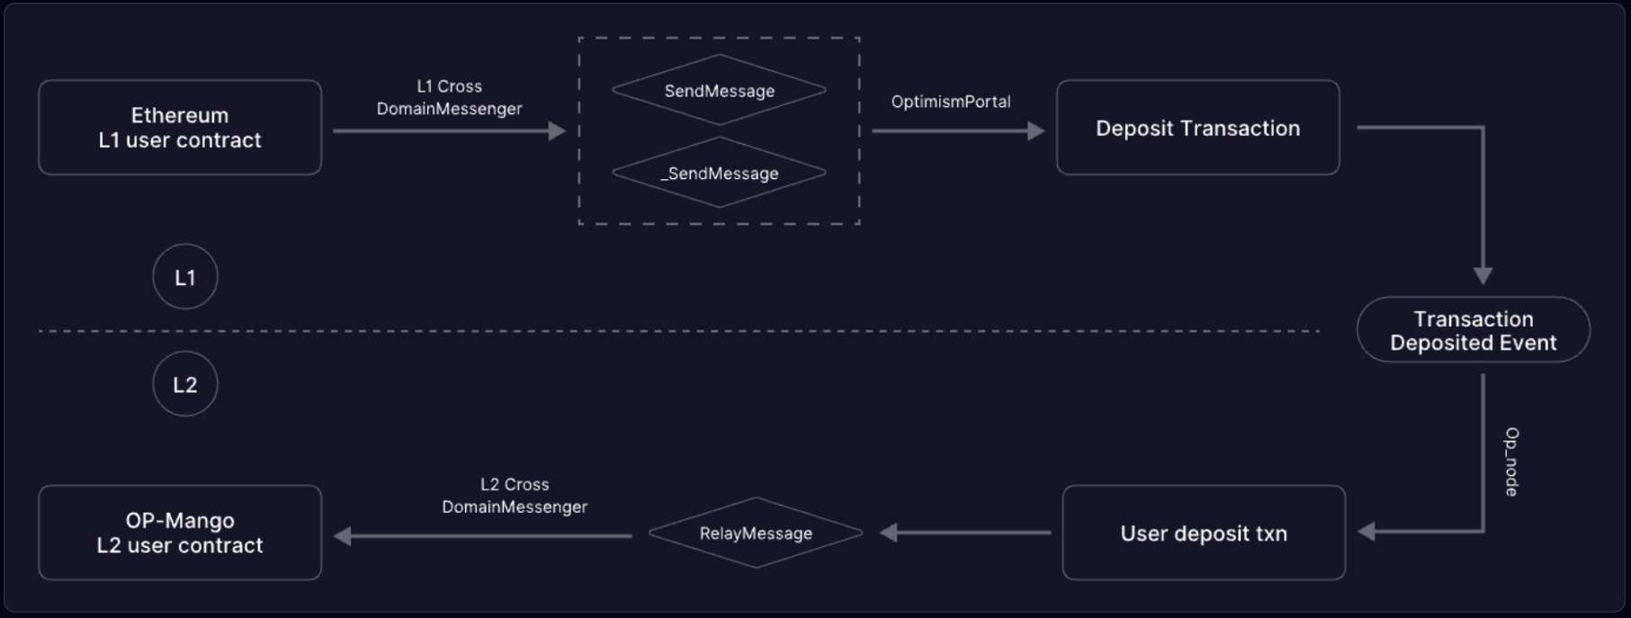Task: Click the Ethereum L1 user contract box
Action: (180, 128)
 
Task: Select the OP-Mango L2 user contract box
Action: (180, 533)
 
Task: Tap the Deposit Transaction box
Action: (1197, 128)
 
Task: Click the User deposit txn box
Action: (1203, 533)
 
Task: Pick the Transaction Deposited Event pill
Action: (1473, 330)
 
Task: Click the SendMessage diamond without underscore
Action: (719, 90)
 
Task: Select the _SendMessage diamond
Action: (719, 173)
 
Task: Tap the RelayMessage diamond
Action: (756, 533)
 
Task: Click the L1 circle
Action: (185, 277)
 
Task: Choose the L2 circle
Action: (185, 384)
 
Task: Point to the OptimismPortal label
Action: (951, 102)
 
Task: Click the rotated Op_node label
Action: (1511, 461)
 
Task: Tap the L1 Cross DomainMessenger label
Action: (449, 97)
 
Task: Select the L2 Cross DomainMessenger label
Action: (515, 496)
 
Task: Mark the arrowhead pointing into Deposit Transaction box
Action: (1036, 131)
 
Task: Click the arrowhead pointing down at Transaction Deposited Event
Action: (1483, 275)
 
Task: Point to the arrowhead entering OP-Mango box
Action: (343, 536)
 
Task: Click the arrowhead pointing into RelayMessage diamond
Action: (889, 533)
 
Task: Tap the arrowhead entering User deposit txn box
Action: (1367, 532)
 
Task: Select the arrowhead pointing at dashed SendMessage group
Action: (557, 131)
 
